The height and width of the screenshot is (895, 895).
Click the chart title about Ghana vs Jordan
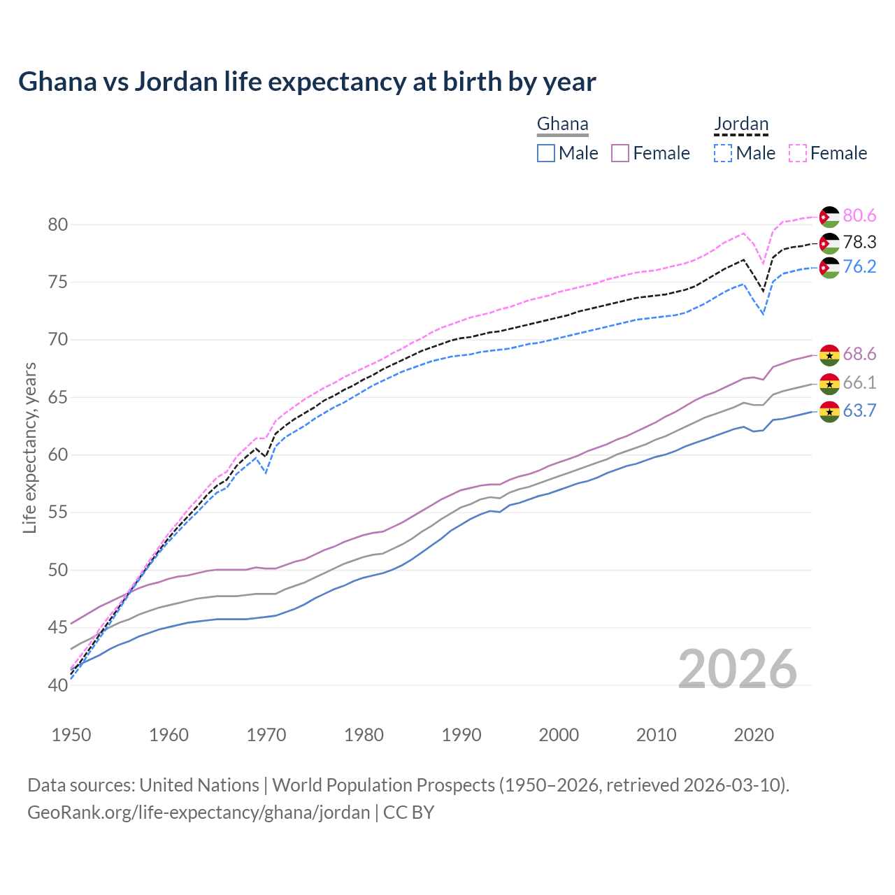307,82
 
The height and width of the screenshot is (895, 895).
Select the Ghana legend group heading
562,124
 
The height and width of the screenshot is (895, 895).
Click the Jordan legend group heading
740,124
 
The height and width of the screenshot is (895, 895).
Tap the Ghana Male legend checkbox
546,153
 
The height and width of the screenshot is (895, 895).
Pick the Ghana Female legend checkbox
620,153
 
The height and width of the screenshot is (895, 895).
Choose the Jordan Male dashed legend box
723,153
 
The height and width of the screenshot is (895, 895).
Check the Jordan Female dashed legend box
798,153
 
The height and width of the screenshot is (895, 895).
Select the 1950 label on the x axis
71,735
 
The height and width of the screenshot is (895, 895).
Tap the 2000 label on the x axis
559,735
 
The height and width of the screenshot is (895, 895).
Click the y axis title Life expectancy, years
29,447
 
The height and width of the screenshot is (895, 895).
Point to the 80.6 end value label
859,216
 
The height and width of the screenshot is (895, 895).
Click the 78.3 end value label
859,242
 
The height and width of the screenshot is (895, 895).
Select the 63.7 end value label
859,411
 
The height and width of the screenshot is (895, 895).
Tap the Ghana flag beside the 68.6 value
829,355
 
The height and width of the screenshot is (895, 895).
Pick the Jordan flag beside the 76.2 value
829,268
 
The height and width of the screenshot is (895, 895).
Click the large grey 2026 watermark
738,669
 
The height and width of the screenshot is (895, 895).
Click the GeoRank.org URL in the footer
199,812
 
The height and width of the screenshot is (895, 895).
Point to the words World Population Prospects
383,785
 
